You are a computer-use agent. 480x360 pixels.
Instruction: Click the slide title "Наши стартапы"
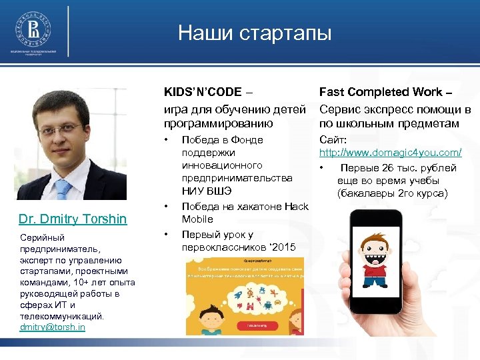[254, 33]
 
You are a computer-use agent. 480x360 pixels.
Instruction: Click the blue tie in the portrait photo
[63, 189]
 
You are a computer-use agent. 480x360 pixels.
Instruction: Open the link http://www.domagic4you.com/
[390, 153]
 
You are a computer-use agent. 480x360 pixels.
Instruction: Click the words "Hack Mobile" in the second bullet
[280, 213]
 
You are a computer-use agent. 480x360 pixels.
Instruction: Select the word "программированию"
[218, 123]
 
